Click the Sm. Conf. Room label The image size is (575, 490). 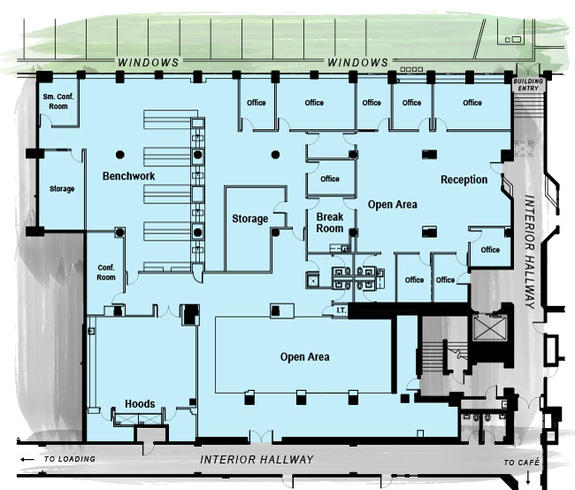58,101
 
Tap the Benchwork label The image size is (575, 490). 129,176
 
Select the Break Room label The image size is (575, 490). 330,223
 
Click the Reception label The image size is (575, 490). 464,180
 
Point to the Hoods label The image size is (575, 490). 140,404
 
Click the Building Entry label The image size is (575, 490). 528,85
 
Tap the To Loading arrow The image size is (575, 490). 27,459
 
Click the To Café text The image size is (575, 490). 521,463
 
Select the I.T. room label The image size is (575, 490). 341,310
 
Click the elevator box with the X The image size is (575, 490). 490,327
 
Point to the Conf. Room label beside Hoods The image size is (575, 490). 106,272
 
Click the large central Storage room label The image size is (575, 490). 250,218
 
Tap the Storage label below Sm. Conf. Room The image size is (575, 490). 62,188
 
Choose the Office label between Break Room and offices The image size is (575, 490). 330,179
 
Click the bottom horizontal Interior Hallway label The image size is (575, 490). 257,459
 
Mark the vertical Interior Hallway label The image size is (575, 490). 530,251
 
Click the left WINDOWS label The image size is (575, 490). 148,62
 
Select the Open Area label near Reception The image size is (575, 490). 393,204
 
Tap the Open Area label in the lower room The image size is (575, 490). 304,356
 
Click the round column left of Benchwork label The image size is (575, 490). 120,155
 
